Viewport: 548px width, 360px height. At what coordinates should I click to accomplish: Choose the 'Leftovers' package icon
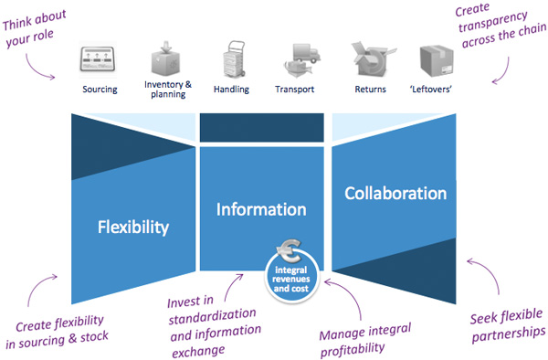coord(436,60)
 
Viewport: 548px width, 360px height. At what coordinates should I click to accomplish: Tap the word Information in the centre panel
coord(261,209)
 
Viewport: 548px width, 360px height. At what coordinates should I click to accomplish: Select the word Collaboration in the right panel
coord(395,194)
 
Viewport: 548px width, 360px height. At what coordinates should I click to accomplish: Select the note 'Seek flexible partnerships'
coord(501,324)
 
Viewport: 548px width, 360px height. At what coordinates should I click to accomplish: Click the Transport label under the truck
coord(294,90)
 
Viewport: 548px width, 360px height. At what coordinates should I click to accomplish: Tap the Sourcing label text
coord(100,90)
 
